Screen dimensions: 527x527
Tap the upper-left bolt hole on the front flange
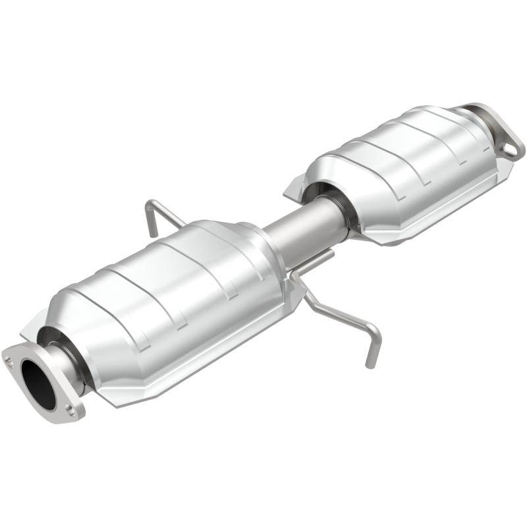tap(10, 360)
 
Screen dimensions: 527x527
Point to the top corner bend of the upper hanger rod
tap(151, 201)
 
